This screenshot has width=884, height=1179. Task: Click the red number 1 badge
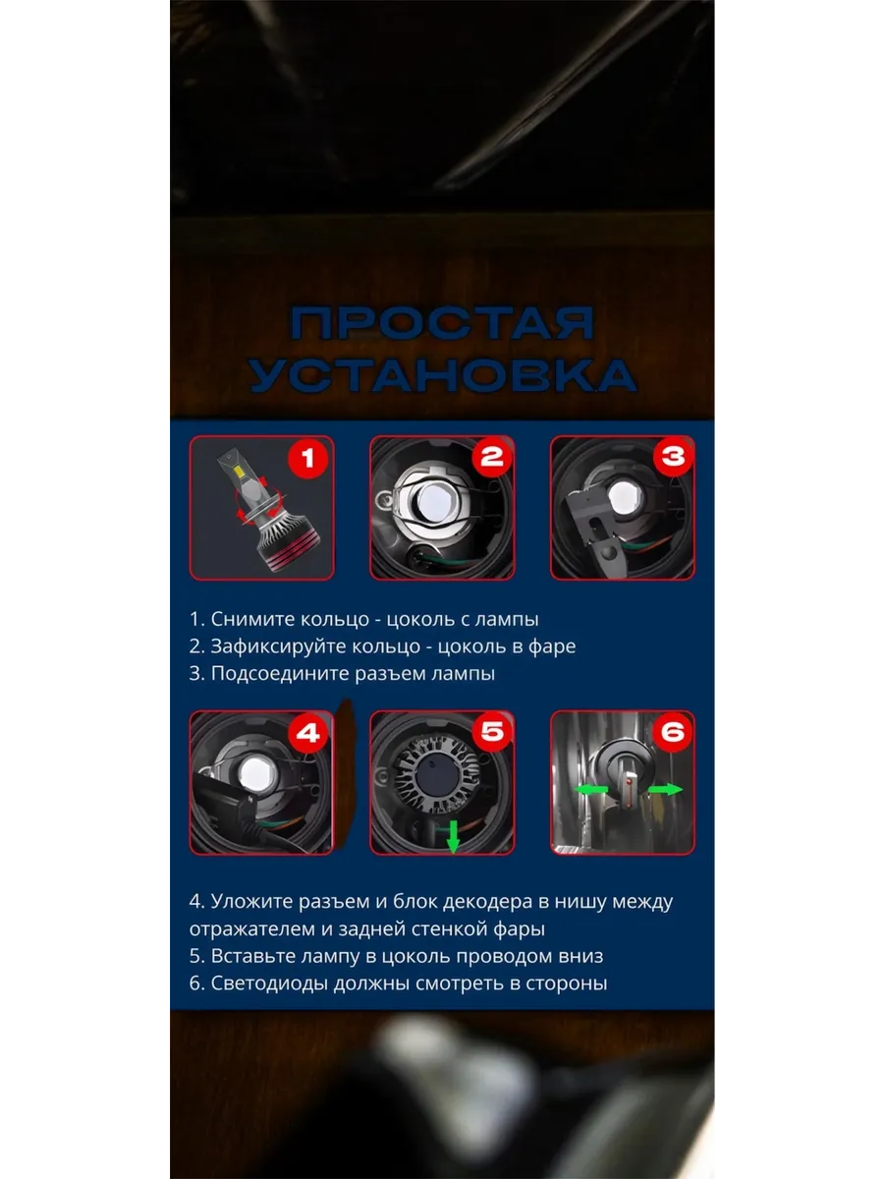[x=307, y=458]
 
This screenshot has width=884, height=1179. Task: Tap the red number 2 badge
[x=492, y=457]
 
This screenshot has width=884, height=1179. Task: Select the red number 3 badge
[x=673, y=456]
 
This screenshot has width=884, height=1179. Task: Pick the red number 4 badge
[x=307, y=733]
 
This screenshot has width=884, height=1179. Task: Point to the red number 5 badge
[x=492, y=732]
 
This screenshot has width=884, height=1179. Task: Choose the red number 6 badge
[x=673, y=732]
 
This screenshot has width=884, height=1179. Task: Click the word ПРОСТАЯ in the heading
[x=442, y=323]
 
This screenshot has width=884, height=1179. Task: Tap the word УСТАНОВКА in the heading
[x=443, y=374]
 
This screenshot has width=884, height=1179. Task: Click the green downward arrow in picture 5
[x=453, y=836]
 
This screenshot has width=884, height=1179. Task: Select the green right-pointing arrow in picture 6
[x=665, y=789]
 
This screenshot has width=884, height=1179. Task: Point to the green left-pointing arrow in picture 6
[x=591, y=790]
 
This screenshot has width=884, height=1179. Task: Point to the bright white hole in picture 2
[x=435, y=502]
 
